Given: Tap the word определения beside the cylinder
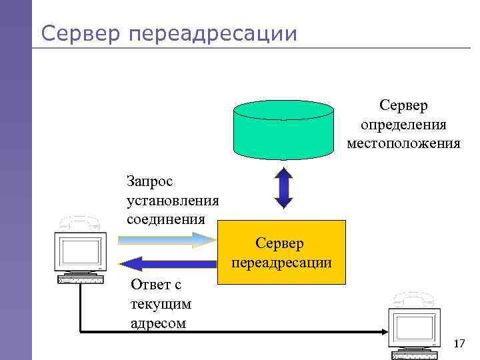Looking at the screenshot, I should click(403, 125).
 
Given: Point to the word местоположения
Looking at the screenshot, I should click(403, 143).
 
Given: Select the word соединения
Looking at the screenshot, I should click(165, 218).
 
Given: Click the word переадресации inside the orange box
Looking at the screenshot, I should click(282, 263).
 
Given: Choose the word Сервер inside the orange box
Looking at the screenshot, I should click(282, 244).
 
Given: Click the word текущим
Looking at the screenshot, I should click(161, 305).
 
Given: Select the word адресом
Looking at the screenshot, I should click(159, 324).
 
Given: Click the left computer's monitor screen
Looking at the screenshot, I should click(80, 251).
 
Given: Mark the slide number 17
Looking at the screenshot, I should click(459, 343).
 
